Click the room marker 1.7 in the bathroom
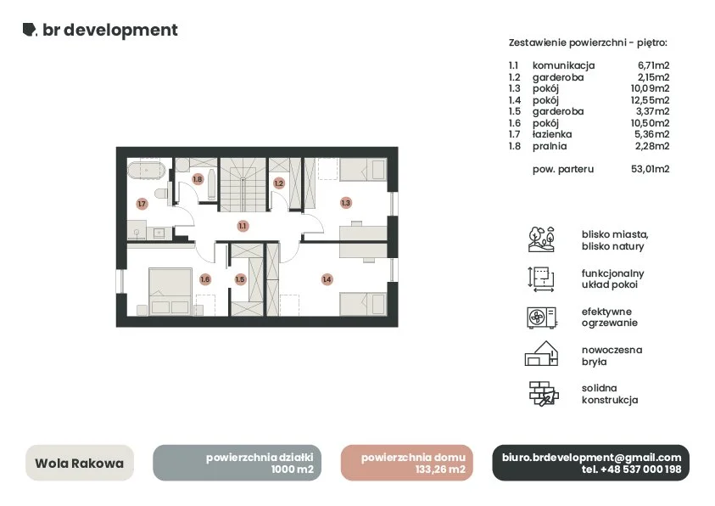tap(142, 204)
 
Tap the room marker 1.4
tap(327, 279)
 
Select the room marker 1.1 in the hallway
tap(243, 225)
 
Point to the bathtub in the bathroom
tap(146, 171)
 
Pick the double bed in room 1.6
tap(170, 291)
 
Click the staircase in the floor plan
tap(243, 185)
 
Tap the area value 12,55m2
tap(650, 100)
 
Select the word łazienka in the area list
tap(552, 134)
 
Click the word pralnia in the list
tap(550, 146)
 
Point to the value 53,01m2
tap(651, 169)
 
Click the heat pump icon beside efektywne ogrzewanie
tap(541, 318)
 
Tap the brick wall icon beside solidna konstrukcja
tap(544, 394)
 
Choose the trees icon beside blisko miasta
tap(541, 239)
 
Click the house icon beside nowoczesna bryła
tap(541, 354)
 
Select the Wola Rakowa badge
tap(80, 463)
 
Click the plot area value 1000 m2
tap(293, 469)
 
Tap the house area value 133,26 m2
tap(440, 469)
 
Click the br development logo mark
tap(30, 29)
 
